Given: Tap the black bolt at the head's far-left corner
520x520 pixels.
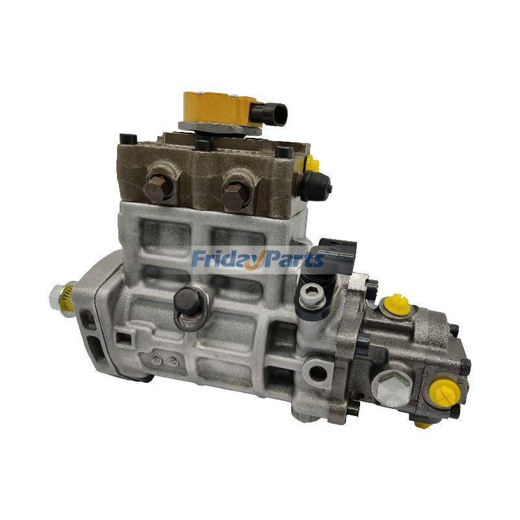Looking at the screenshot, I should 125,137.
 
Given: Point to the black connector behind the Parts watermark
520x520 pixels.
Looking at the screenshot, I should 339,253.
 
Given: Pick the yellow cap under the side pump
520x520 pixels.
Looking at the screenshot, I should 421,426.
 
